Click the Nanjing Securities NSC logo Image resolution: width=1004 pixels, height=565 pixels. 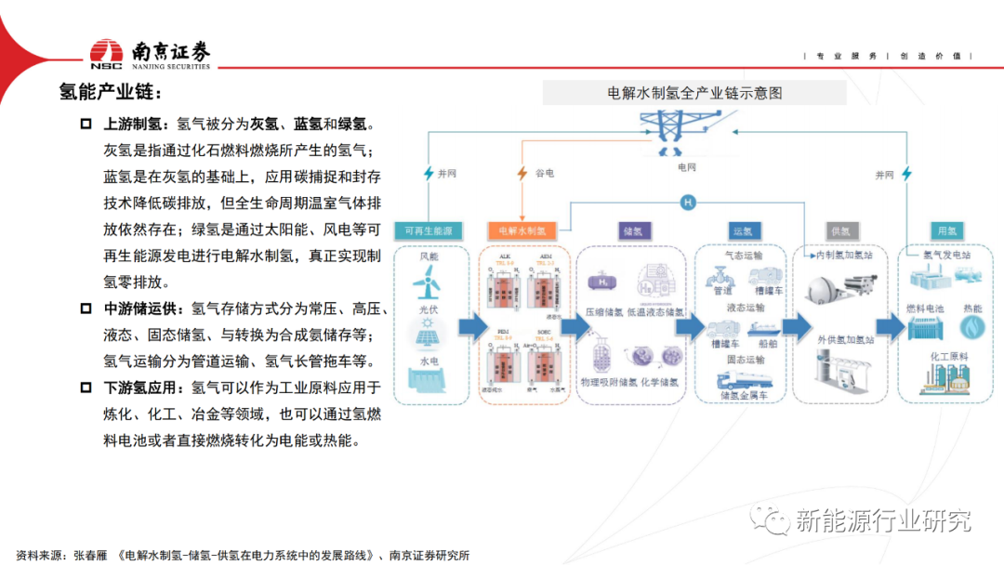click(107, 54)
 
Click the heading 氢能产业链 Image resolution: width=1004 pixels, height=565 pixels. click(111, 93)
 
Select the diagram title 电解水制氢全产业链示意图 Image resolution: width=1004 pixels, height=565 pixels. click(694, 93)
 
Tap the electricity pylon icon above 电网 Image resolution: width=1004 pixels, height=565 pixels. click(686, 132)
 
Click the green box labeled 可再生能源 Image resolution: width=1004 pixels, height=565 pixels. click(429, 230)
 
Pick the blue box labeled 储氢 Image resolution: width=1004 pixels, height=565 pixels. click(633, 230)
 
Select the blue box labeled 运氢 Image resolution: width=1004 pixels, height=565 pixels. click(741, 230)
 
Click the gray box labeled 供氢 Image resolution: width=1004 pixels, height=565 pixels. click(839, 230)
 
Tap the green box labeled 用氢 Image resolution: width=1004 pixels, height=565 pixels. click(947, 230)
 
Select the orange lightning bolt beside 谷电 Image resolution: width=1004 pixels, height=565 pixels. click(522, 173)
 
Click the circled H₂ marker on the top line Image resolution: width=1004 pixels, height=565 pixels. click(688, 202)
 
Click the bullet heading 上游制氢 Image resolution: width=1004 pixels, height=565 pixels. click(133, 124)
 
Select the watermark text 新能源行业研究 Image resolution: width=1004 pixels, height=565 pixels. click(881, 520)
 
